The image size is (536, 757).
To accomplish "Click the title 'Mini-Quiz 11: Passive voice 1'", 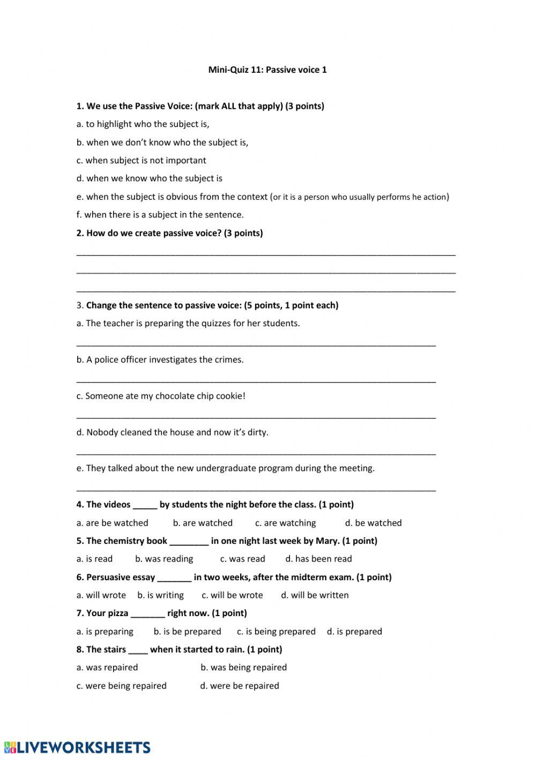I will [x=267, y=70].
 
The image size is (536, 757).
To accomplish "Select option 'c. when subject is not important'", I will [x=141, y=160].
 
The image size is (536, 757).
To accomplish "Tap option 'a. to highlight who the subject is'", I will [x=143, y=124].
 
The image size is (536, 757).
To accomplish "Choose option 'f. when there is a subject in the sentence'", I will [x=160, y=215].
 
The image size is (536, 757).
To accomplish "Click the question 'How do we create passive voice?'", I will [x=169, y=233].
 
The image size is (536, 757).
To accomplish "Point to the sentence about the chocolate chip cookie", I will [x=161, y=396].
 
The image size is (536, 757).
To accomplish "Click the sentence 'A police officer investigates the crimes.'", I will [x=160, y=359].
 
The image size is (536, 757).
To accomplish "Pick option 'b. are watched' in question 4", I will [x=203, y=523].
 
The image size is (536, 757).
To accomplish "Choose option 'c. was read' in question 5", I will [x=242, y=559].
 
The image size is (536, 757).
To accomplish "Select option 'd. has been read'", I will [x=318, y=559].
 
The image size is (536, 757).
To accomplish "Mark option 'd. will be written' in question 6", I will [x=315, y=595].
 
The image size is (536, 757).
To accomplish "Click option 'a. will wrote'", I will [x=101, y=595].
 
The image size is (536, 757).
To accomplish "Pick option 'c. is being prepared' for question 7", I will [x=276, y=632].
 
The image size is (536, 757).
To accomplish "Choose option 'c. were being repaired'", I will [x=121, y=686].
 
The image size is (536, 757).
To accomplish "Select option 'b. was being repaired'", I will [x=243, y=668].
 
